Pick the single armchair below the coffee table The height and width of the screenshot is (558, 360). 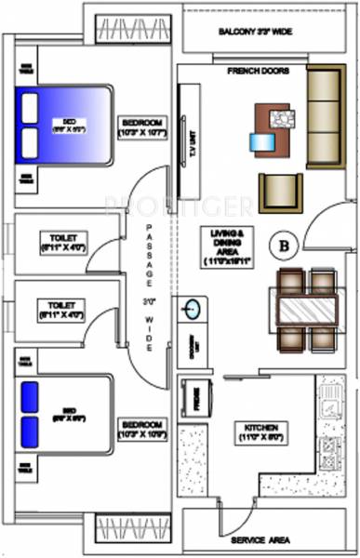click(280, 193)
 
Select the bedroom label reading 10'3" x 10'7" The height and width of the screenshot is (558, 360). click(142, 129)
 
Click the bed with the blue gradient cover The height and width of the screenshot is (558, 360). click(65, 124)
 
